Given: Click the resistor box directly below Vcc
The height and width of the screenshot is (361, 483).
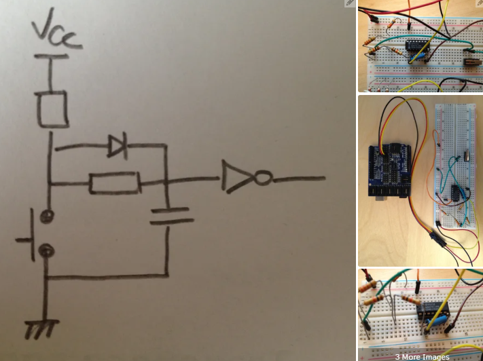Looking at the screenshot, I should click(x=52, y=108).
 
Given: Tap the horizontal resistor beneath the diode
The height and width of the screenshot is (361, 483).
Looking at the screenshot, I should click(x=114, y=183).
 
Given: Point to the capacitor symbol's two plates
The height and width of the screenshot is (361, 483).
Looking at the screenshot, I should click(x=167, y=216).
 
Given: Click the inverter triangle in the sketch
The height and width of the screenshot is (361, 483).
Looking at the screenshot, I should click(x=238, y=178).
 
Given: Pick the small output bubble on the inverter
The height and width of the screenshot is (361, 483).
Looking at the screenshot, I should click(x=264, y=178).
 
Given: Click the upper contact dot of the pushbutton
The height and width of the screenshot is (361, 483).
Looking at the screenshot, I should click(x=46, y=216).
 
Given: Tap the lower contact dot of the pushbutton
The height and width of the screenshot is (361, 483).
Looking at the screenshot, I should click(x=46, y=251).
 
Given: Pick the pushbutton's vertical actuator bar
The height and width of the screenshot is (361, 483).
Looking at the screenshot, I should click(x=31, y=234).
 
